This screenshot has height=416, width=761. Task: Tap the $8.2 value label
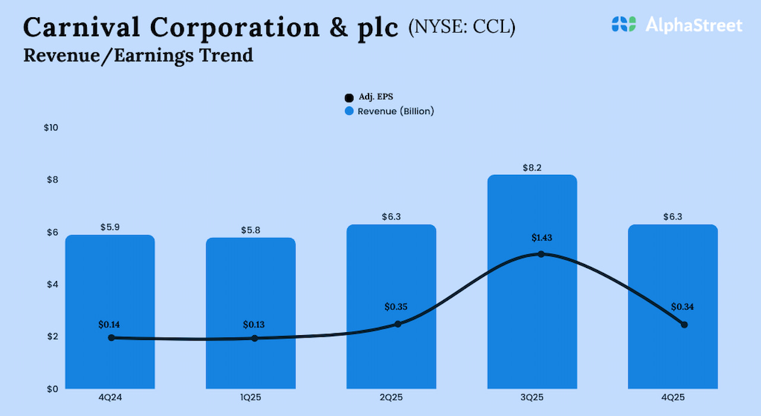pos(532,168)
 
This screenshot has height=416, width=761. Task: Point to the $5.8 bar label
pos(251,230)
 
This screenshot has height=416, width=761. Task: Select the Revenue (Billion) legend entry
pos(390,111)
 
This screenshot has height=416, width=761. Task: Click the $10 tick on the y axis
pos(51,128)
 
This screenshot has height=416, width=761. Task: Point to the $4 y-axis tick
pos(53,284)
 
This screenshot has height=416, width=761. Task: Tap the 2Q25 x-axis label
pos(391,398)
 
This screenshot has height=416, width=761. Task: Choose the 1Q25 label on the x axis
pos(251,398)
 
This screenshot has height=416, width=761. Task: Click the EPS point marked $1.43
pos(541,254)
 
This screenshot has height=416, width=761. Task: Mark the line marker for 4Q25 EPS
pos(684,324)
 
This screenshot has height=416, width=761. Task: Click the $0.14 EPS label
pos(110,325)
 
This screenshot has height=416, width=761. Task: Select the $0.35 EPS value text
pos(397,307)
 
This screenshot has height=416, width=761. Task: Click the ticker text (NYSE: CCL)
pos(461,27)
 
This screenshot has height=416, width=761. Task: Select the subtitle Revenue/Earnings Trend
pos(138,56)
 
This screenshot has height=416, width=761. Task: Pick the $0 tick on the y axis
pos(53,389)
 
